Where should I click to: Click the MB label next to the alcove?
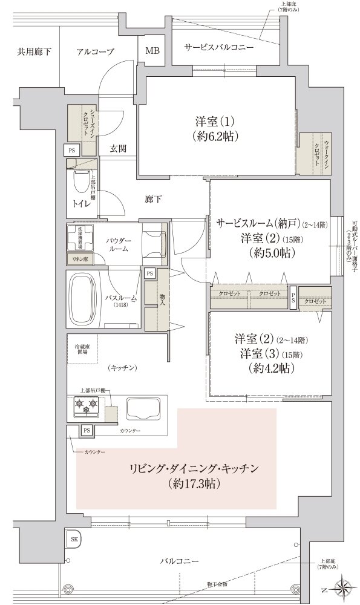point(152,51)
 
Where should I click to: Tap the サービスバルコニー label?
point(219,47)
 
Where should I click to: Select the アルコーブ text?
point(95,51)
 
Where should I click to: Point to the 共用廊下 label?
point(34,51)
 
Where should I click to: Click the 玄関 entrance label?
point(118,149)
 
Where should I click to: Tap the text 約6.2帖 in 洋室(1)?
point(212,136)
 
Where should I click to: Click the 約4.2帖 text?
point(270,368)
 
